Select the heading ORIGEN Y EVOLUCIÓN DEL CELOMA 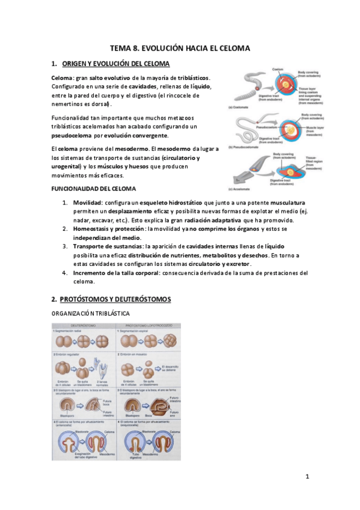116,64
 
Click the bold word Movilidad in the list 88,203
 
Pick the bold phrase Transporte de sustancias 107,247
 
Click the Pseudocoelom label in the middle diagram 266,127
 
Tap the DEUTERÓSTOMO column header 84,326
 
